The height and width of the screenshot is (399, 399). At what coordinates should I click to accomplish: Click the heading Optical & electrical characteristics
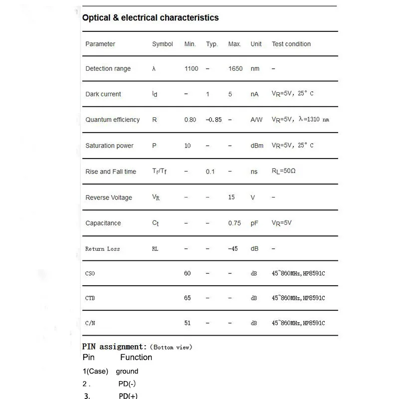point(150,18)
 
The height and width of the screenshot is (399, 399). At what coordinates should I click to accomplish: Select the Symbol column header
point(163,44)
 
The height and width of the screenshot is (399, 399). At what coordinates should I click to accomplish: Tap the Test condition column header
point(291,44)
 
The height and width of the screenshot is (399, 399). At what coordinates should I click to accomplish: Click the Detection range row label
point(108,69)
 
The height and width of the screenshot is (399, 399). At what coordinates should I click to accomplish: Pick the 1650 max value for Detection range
point(235,69)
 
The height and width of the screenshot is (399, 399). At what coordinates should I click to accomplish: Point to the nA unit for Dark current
point(254,94)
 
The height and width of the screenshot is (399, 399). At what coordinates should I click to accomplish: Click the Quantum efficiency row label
point(113,120)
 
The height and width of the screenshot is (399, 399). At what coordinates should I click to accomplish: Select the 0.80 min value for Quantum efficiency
point(190,120)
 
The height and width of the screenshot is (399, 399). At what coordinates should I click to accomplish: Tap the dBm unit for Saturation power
point(256,146)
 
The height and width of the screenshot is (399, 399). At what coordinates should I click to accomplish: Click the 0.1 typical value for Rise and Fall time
point(210,172)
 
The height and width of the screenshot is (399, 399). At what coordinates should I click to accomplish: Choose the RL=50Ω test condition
point(284,172)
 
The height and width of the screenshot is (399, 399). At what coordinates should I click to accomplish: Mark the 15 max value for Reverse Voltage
point(231,198)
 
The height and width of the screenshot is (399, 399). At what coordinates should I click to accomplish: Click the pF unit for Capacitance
point(254,223)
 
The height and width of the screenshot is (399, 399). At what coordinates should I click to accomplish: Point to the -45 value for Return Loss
point(233,248)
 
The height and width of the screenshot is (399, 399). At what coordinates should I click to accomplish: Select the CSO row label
point(90,273)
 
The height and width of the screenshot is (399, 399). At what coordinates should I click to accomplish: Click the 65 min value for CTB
point(188,298)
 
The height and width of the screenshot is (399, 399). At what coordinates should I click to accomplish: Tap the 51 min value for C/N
point(188,323)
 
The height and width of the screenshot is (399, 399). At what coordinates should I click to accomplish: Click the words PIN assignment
point(114,347)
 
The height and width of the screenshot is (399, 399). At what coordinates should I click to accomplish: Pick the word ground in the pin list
point(127,371)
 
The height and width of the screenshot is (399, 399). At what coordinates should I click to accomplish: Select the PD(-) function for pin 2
point(127,384)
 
